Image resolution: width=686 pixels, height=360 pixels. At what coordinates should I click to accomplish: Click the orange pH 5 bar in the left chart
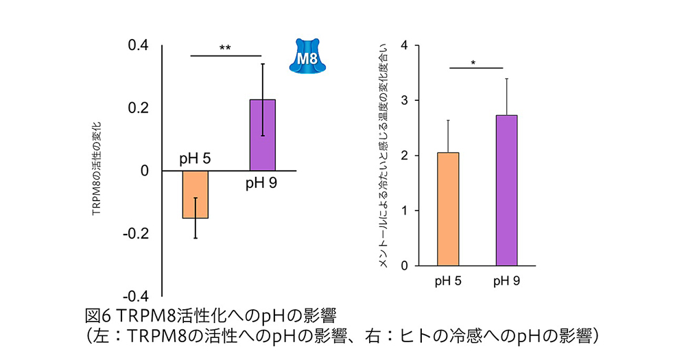coord(196,194)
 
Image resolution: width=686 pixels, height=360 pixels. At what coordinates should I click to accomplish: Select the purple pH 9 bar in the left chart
coord(262,135)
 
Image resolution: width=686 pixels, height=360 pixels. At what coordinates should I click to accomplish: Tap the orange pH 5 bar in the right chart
coord(448,208)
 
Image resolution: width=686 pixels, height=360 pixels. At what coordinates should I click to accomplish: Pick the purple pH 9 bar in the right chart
coord(506,190)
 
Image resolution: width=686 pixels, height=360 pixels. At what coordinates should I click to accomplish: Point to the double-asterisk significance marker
coord(225,48)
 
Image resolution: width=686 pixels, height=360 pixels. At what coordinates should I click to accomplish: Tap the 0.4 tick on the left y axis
coord(139,46)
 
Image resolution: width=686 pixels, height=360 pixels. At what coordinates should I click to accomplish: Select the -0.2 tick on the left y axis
coord(137,233)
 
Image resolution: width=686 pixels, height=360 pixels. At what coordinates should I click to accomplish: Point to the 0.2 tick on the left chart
coord(139,108)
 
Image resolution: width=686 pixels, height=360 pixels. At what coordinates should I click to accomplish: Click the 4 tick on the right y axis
coord(405,46)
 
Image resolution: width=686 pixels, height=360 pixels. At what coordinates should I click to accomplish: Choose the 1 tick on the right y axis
coord(405,211)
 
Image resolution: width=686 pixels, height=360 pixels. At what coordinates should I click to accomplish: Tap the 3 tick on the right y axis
coord(405,101)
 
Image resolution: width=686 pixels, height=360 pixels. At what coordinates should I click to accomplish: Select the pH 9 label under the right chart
coord(506,280)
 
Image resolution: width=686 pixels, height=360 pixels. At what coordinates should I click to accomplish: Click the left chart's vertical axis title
coord(96,170)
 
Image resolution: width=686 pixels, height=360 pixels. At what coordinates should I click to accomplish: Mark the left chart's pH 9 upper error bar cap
coord(262,64)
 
